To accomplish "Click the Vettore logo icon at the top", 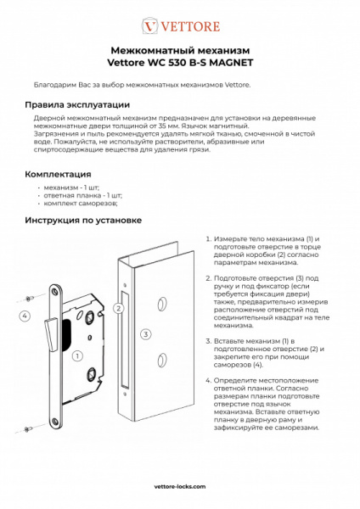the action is pos(149,26).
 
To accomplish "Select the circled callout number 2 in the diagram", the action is pos(119,308).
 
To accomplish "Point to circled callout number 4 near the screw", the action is pos(25,316).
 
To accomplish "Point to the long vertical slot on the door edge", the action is pos(124,339).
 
